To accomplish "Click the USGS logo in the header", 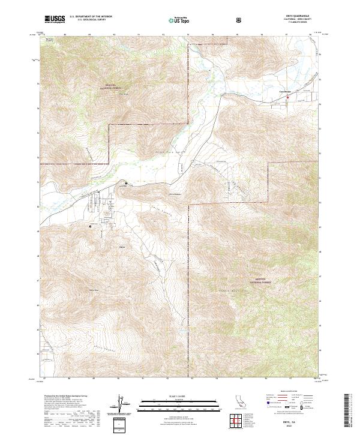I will [54, 20].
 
